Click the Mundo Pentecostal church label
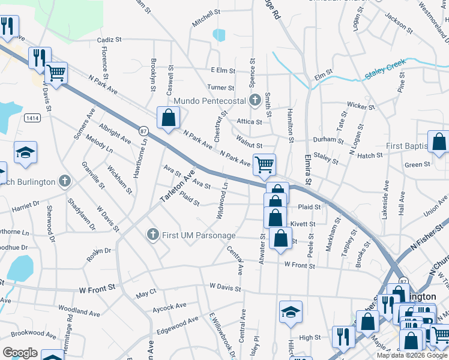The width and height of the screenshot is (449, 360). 210,100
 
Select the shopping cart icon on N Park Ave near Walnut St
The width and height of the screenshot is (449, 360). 264,164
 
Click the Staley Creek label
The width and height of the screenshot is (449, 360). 386,70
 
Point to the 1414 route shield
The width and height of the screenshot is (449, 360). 33,118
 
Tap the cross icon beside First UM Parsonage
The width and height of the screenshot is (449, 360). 153,234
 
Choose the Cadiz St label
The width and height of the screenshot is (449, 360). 109,40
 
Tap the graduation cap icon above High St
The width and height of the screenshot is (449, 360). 291,311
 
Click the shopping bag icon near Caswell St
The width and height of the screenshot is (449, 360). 168,118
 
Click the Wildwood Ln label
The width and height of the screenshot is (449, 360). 222,201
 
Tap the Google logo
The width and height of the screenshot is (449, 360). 20,353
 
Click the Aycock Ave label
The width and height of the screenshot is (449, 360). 169,307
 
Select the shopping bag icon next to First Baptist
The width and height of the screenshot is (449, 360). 439,142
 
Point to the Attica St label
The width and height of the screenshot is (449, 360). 250,122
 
